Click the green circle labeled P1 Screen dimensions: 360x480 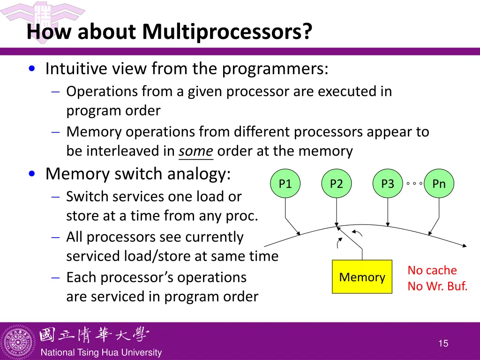click(x=285, y=184)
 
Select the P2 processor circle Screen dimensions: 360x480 click(x=337, y=184)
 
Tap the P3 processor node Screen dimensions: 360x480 click(x=388, y=184)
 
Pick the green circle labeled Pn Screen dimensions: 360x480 click(x=439, y=184)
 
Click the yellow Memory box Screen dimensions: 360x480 click(x=362, y=277)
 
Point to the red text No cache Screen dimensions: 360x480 click(x=432, y=270)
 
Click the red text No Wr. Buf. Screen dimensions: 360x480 click(x=437, y=286)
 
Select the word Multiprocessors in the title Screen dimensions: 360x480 click(x=227, y=32)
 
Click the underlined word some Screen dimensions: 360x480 click(x=196, y=151)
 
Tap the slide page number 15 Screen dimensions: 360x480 click(x=443, y=344)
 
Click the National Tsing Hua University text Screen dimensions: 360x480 click(x=101, y=352)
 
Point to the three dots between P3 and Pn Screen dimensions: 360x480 click(x=414, y=184)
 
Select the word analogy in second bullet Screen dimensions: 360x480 click(x=202, y=174)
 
